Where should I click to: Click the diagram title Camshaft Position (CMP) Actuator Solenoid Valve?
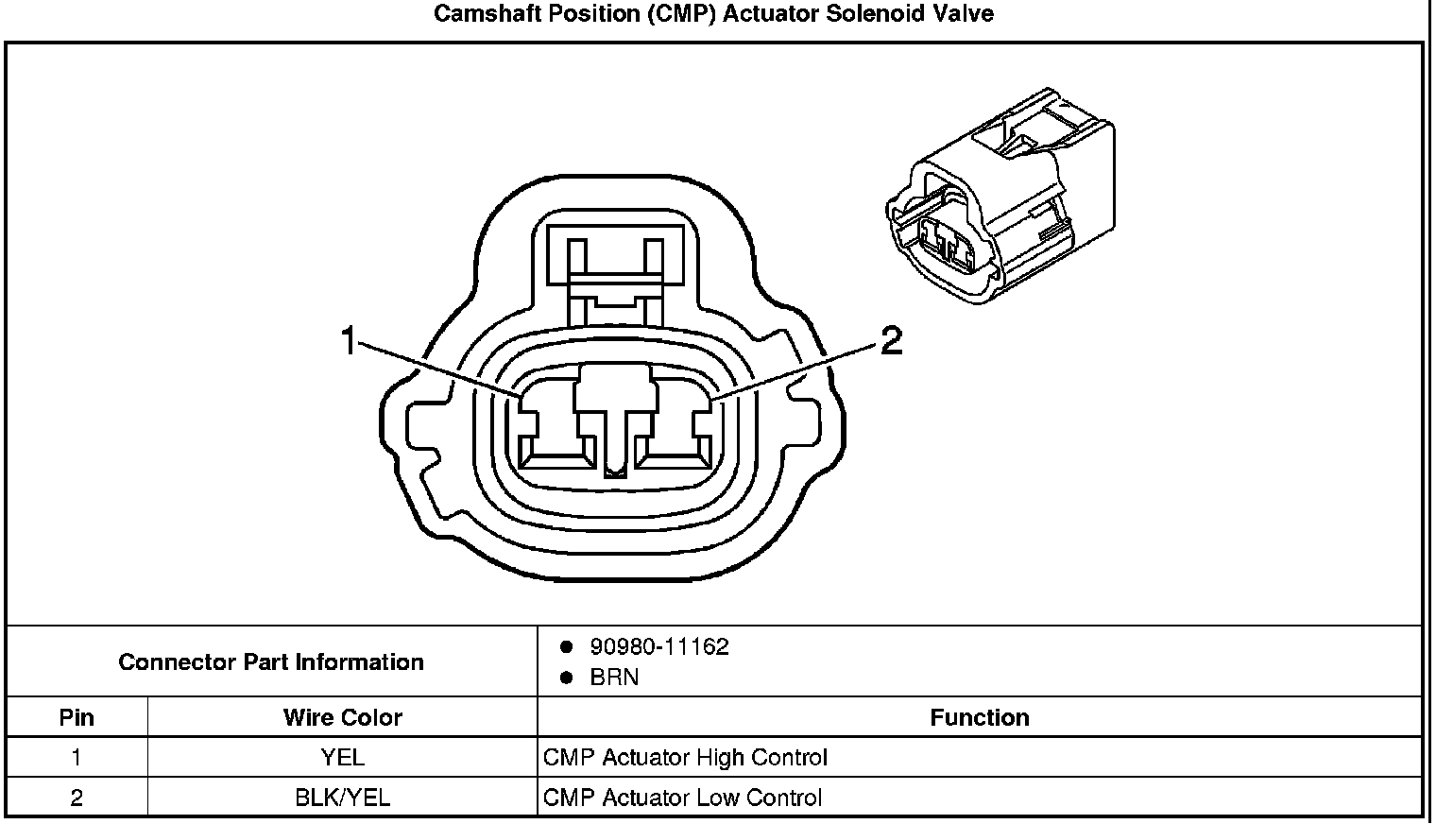click(x=713, y=14)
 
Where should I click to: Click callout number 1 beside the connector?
click(x=350, y=341)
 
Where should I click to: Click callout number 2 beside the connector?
click(x=891, y=341)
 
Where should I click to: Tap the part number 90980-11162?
click(x=658, y=646)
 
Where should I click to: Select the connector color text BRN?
click(x=614, y=678)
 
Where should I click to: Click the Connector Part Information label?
click(x=271, y=661)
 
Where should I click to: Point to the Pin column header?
click(x=77, y=717)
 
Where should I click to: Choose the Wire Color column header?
click(x=342, y=717)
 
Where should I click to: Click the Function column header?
click(x=979, y=717)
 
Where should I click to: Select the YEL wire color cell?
click(x=342, y=758)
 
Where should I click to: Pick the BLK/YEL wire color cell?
click(x=342, y=798)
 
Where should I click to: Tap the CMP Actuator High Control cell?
click(x=685, y=758)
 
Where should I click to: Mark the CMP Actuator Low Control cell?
click(x=682, y=798)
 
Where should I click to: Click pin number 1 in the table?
click(x=77, y=758)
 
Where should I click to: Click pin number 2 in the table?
click(x=77, y=798)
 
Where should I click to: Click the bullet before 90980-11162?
click(x=567, y=647)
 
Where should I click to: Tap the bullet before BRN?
click(x=567, y=678)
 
